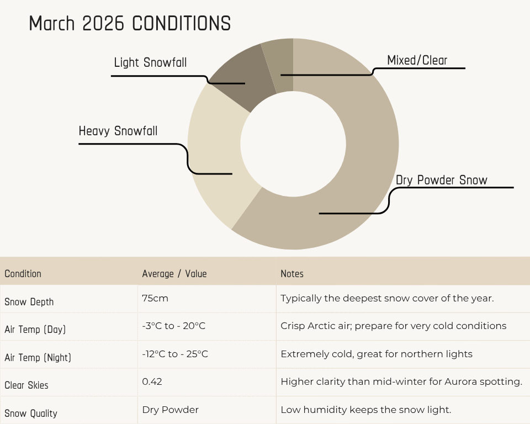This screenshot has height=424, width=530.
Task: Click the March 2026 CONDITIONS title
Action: click(130, 23)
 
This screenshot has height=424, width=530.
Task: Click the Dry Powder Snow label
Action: click(442, 180)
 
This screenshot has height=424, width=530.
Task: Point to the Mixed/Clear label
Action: click(417, 60)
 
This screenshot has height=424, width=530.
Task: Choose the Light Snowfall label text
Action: click(150, 62)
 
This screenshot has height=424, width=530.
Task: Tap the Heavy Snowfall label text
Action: click(118, 131)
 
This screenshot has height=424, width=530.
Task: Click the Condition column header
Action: click(23, 273)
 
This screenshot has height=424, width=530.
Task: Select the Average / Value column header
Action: click(174, 273)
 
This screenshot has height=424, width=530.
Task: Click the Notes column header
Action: click(292, 273)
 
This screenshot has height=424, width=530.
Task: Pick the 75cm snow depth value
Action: click(155, 298)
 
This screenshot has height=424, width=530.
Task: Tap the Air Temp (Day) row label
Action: click(35, 330)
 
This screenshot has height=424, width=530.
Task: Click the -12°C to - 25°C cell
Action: click(175, 354)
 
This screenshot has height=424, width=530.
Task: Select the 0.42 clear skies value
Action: click(152, 381)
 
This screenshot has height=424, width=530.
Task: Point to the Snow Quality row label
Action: click(31, 414)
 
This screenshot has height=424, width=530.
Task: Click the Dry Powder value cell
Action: click(171, 410)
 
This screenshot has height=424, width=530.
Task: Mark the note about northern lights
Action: click(377, 354)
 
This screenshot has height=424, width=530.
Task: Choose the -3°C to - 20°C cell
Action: click(174, 326)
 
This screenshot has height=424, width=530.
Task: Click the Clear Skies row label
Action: click(26, 385)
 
